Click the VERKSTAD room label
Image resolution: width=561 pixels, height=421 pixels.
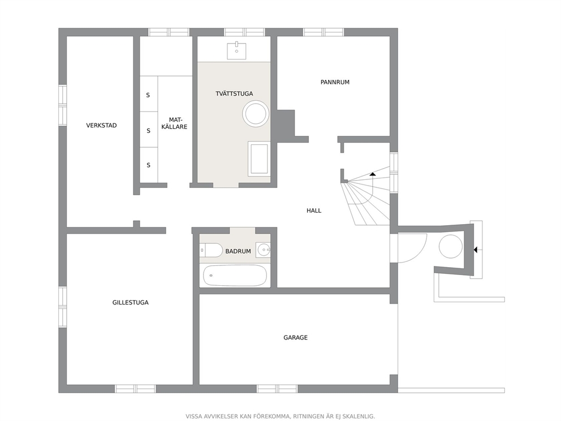(101, 125)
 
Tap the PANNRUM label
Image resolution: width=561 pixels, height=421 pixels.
(335, 82)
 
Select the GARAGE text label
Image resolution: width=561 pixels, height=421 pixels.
(296, 337)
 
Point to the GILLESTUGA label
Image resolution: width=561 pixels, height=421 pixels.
(130, 302)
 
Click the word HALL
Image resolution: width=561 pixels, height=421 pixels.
(314, 211)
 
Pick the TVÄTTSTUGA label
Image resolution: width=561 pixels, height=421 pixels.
(234, 93)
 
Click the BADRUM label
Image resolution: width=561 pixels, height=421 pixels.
(238, 251)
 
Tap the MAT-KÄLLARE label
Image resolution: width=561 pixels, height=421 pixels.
(174, 123)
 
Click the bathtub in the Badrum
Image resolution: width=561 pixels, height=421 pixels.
(235, 276)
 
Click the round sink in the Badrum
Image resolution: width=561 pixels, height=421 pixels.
(264, 250)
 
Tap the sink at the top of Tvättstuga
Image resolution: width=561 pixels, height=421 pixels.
(236, 51)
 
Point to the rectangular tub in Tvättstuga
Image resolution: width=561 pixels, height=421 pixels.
(258, 158)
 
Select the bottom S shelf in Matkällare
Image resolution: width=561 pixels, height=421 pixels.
(149, 165)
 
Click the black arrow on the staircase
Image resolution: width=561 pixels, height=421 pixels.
(373, 174)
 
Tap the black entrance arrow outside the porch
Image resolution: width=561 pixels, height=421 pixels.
(475, 250)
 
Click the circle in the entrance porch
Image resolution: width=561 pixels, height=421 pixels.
(451, 247)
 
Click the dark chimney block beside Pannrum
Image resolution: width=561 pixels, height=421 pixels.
(285, 123)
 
